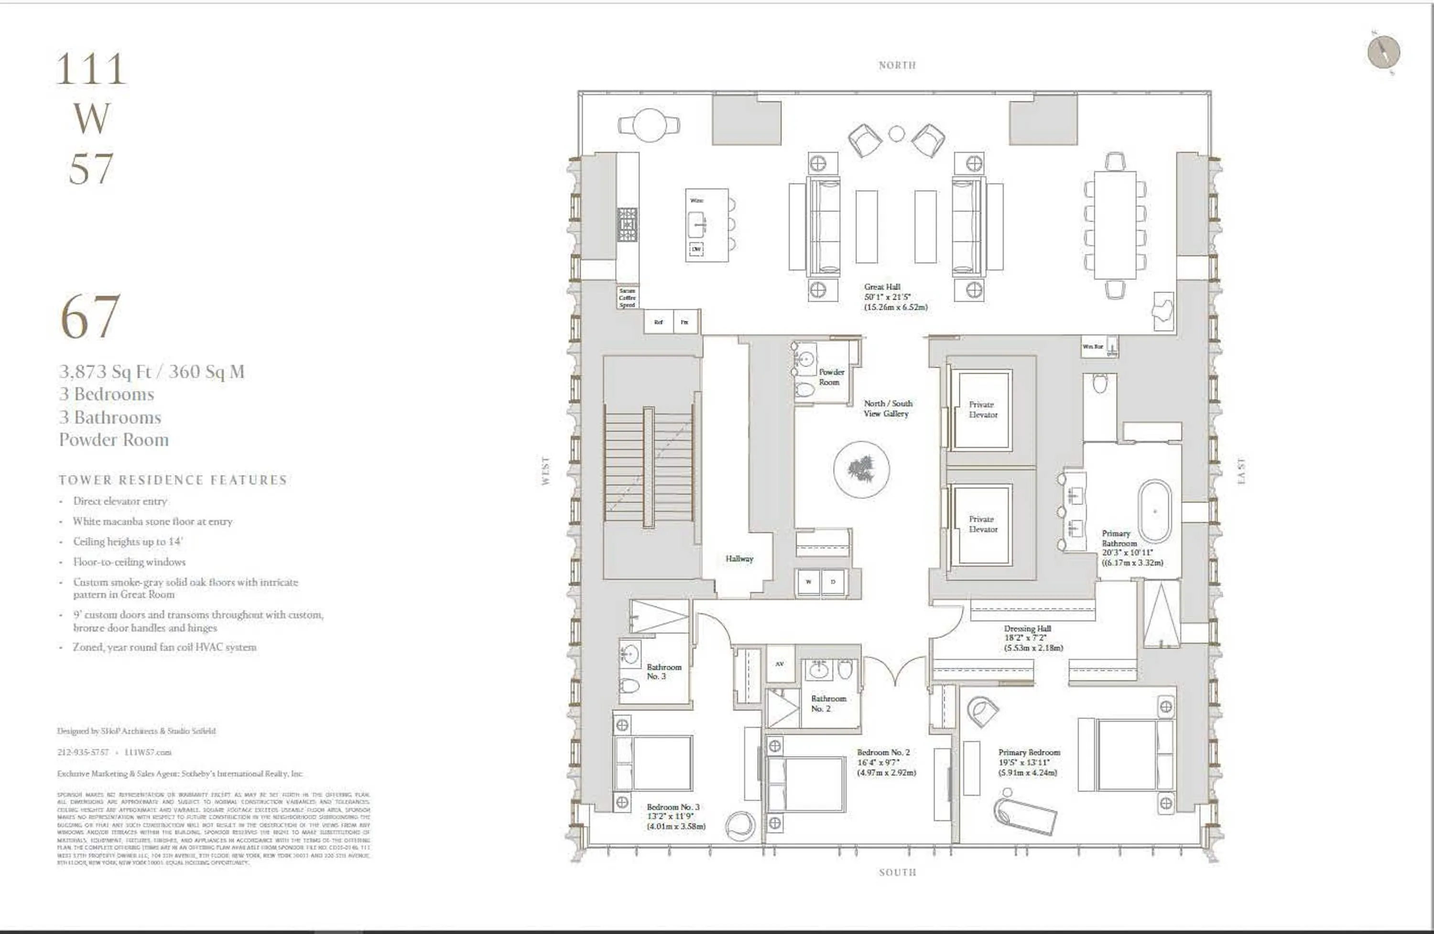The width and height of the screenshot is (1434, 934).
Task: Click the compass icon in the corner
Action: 1383,53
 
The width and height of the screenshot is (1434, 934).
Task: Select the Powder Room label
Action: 831,377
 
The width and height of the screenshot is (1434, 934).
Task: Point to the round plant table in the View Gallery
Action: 862,469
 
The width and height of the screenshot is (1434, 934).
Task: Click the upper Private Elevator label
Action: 983,410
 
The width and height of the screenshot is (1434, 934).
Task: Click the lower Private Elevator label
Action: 983,524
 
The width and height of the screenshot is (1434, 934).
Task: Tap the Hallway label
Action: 739,559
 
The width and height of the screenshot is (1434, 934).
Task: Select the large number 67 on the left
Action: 90,317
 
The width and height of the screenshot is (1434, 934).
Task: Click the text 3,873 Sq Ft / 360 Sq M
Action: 151,372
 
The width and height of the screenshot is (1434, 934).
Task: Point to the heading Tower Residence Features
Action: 173,480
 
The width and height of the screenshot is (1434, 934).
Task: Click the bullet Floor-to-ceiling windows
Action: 129,562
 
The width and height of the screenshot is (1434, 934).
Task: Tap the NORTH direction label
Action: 897,65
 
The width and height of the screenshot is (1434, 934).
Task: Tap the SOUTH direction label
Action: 897,872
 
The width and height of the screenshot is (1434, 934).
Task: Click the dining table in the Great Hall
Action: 1115,225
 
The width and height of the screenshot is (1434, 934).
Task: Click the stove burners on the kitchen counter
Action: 627,225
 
